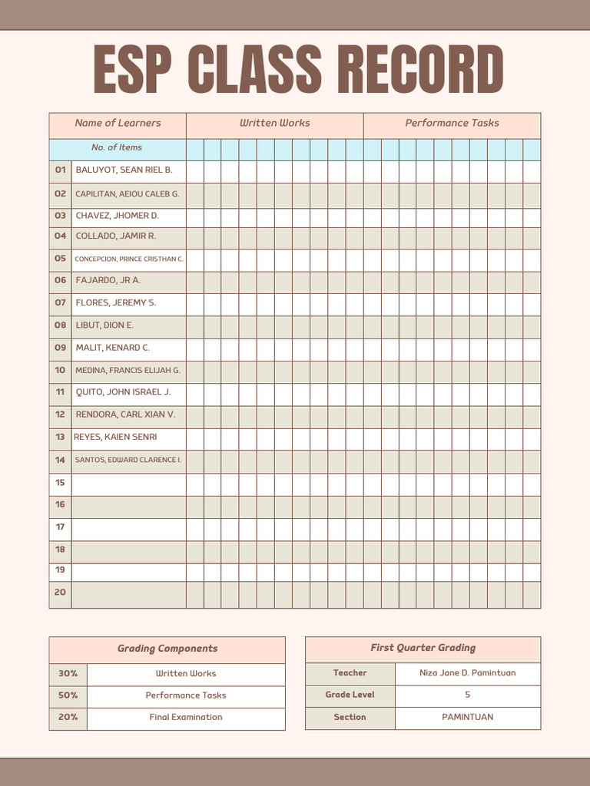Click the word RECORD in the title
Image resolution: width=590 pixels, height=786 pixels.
[421, 70]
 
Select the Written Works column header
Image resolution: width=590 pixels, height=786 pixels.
[274, 123]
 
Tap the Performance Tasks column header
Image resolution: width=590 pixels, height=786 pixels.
[452, 123]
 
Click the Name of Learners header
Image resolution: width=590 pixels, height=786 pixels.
[118, 123]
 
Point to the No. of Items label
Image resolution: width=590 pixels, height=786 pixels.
[117, 147]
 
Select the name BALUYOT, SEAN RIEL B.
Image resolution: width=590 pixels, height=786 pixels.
[124, 170]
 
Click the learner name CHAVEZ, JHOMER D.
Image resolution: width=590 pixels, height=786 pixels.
[117, 216]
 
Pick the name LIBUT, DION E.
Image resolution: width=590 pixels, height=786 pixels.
[104, 325]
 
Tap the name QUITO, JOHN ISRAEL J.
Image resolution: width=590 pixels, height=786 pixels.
[123, 392]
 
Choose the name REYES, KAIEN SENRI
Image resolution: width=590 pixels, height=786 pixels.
[115, 437]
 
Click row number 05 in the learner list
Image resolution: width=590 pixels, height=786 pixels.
[60, 259]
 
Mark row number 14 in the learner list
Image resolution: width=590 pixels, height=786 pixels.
[60, 461]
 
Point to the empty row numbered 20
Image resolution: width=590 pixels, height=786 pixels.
[60, 593]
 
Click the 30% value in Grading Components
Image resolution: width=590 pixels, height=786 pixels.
[68, 674]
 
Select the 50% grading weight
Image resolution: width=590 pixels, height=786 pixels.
[68, 695]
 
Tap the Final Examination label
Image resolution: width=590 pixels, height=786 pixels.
[186, 717]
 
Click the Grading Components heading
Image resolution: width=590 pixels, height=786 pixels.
[167, 649]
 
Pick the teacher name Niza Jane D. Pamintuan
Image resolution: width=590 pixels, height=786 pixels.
[467, 673]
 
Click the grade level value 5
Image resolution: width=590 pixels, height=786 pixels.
[467, 695]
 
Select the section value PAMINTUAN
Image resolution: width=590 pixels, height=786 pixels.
[467, 717]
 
